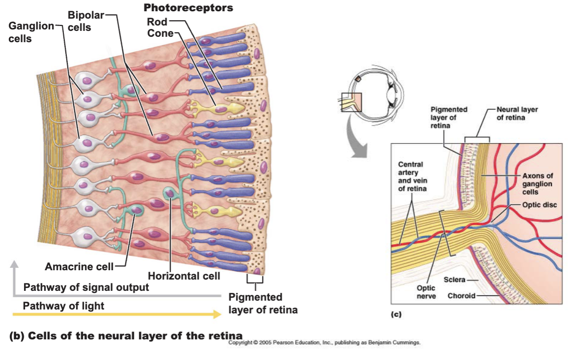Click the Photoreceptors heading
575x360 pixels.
point(188,8)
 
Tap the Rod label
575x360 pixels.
point(157,22)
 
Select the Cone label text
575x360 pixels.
point(160,33)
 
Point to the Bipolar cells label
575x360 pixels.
point(86,21)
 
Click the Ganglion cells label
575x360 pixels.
point(31,32)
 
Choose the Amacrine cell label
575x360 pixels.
point(79,266)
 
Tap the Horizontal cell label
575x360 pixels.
point(183,276)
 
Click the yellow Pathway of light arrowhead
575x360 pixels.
point(217,314)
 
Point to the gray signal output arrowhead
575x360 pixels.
point(14,264)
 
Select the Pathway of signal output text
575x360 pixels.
point(86,287)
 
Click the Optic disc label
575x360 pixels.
point(539,205)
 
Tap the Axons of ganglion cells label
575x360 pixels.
point(538,183)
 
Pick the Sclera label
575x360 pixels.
point(454,280)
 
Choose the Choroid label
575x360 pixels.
point(461,296)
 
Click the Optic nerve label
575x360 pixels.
point(426,292)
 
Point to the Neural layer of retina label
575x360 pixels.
point(517,113)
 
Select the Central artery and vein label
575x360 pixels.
point(413,177)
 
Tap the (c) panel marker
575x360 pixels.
point(396,314)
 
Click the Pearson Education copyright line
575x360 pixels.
point(324,342)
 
